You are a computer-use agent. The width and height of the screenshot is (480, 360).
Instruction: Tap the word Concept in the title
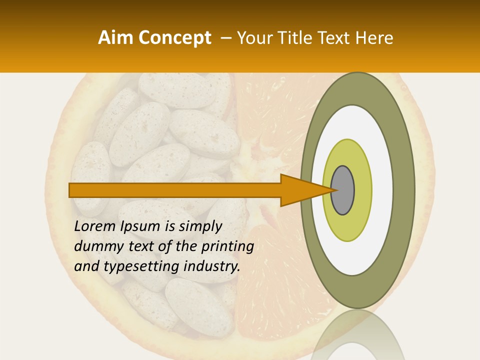point(174,38)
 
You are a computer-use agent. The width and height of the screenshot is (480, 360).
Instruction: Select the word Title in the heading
point(295,38)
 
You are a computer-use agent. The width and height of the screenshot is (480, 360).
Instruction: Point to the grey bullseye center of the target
point(343,190)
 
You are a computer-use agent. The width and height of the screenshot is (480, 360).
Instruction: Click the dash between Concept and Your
point(225,38)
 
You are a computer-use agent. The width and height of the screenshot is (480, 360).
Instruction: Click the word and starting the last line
point(86,266)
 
